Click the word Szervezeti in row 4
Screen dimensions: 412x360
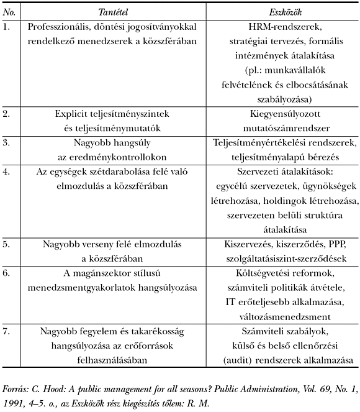[260, 172]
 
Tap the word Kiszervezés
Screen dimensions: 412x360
[248, 244]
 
